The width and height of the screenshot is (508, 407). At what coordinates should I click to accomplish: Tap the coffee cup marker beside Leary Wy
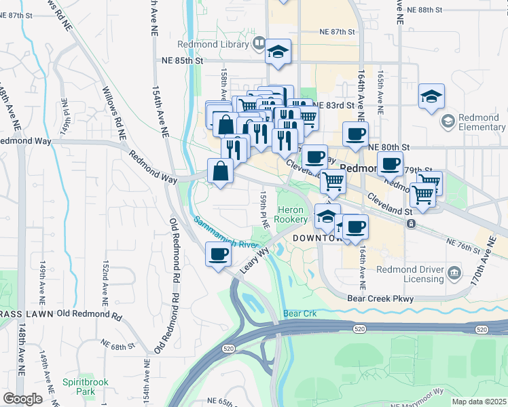click(x=217, y=254)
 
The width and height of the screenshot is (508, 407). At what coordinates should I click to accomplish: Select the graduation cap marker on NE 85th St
click(x=278, y=52)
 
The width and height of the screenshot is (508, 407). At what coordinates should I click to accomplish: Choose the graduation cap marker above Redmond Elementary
click(x=431, y=96)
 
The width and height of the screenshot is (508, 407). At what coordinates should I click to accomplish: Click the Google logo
click(x=22, y=399)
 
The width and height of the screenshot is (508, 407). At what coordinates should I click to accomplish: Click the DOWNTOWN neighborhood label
click(x=316, y=239)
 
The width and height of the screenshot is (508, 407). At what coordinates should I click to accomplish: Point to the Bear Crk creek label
click(x=300, y=314)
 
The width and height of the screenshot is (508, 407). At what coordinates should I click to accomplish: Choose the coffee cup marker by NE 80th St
click(x=355, y=134)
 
